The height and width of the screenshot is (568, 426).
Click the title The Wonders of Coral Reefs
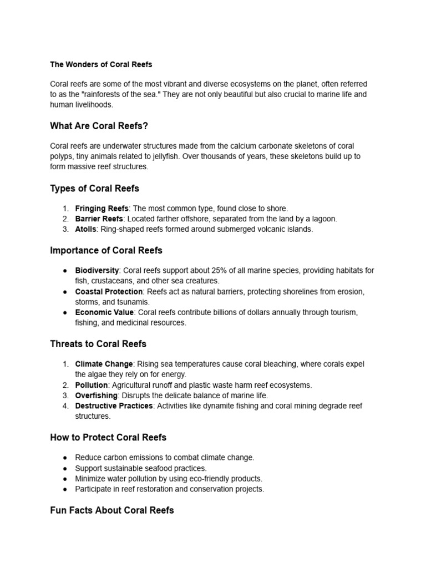pyautogui.click(x=101, y=64)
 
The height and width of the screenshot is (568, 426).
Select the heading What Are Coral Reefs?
pyautogui.click(x=99, y=126)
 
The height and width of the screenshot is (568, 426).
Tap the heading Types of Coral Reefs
pyautogui.click(x=94, y=188)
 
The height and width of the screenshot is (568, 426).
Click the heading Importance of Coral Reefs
pyautogui.click(x=106, y=250)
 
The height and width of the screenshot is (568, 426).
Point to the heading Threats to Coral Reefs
pyautogui.click(x=98, y=344)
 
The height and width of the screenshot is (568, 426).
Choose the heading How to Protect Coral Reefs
pyautogui.click(x=108, y=437)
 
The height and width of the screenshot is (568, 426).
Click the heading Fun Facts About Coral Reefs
pyautogui.click(x=111, y=510)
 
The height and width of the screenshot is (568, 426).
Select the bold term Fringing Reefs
pyautogui.click(x=102, y=209)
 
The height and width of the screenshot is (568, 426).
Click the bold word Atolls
pyautogui.click(x=85, y=229)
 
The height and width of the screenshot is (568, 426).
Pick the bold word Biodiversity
pyautogui.click(x=97, y=271)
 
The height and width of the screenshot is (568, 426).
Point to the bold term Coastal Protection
pyautogui.click(x=109, y=292)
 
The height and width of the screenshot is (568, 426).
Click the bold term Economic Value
pyautogui.click(x=104, y=312)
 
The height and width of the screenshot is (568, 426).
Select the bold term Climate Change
pyautogui.click(x=104, y=364)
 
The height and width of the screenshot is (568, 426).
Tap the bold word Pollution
pyautogui.click(x=91, y=385)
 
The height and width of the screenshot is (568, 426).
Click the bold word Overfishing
pyautogui.click(x=96, y=395)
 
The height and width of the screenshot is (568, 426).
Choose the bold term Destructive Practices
pyautogui.click(x=114, y=406)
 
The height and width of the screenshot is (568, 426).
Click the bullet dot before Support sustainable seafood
pyautogui.click(x=65, y=468)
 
